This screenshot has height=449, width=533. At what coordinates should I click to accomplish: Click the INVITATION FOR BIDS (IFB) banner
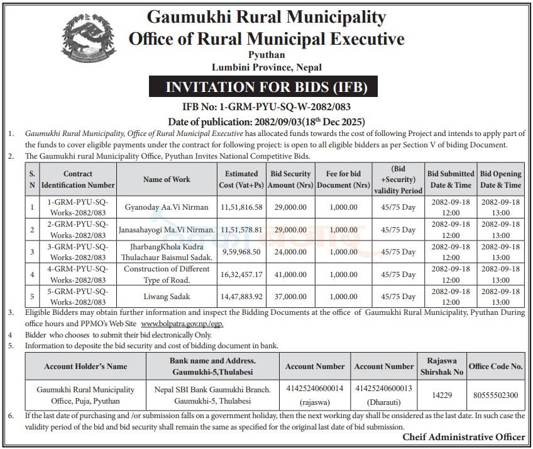(x=266, y=87)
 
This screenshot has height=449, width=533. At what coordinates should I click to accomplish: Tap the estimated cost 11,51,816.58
(x=241, y=207)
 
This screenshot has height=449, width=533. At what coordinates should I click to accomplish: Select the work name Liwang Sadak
(x=167, y=297)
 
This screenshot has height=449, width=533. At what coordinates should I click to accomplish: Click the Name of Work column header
(x=167, y=179)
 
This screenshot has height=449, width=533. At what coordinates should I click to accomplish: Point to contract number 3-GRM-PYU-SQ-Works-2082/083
(x=79, y=252)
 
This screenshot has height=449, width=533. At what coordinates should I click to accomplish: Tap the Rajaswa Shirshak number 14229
(x=441, y=395)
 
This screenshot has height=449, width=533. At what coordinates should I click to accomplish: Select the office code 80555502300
(x=496, y=395)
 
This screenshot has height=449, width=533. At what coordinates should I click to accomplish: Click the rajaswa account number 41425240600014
(x=314, y=389)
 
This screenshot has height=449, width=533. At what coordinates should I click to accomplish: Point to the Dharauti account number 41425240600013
(x=383, y=389)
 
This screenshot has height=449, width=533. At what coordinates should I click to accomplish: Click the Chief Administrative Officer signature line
(x=464, y=437)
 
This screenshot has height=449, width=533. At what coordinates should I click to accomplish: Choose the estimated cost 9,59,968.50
(x=241, y=252)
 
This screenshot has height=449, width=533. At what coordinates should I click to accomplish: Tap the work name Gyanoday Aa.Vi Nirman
(x=167, y=207)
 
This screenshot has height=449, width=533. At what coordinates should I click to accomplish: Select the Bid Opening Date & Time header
(x=500, y=179)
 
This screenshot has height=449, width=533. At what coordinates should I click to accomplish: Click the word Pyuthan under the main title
(x=266, y=56)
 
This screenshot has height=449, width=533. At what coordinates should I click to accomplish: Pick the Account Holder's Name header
(x=85, y=366)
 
